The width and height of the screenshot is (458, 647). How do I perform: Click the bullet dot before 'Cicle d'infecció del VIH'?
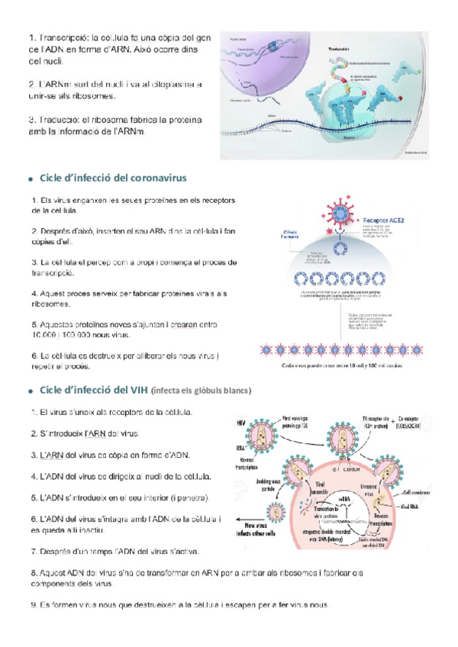[x=29, y=391]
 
